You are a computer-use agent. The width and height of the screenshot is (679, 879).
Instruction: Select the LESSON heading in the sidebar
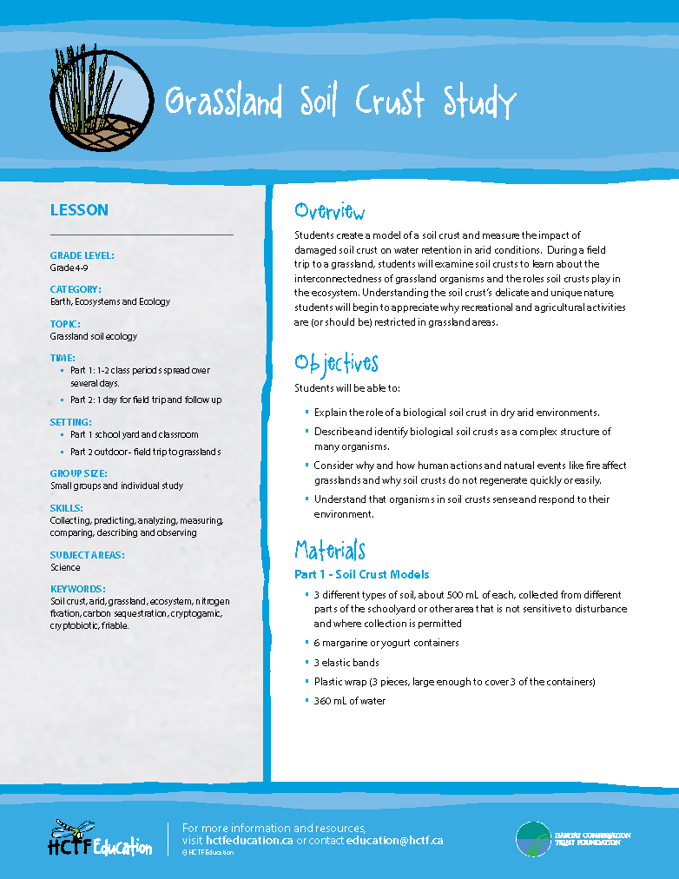tap(79, 210)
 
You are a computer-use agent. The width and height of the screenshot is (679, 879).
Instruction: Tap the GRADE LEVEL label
tap(82, 255)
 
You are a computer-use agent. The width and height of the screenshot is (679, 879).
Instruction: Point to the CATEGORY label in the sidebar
tap(76, 289)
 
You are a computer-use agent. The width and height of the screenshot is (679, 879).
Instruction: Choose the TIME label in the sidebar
tap(63, 357)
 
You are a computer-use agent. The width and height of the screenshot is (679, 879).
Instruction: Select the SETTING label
tap(71, 422)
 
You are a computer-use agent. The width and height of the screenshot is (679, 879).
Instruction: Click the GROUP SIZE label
tap(79, 473)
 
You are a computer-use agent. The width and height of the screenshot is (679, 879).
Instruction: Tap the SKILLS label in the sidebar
tap(67, 507)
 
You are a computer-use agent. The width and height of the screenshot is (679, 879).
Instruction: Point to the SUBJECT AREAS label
tap(88, 555)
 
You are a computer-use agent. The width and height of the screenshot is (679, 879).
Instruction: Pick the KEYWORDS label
tap(78, 588)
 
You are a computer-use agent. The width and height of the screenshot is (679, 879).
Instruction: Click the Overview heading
tap(330, 212)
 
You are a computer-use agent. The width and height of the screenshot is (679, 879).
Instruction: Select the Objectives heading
tap(337, 363)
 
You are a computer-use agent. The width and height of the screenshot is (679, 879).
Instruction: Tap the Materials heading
tap(330, 551)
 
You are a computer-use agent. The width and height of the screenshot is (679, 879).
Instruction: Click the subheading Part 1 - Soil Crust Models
tap(362, 574)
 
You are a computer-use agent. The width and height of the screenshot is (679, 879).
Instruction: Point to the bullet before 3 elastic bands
tap(307, 662)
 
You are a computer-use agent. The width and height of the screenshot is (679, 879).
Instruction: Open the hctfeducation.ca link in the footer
tap(250, 841)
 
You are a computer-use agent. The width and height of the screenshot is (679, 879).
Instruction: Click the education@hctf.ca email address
tap(395, 841)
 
